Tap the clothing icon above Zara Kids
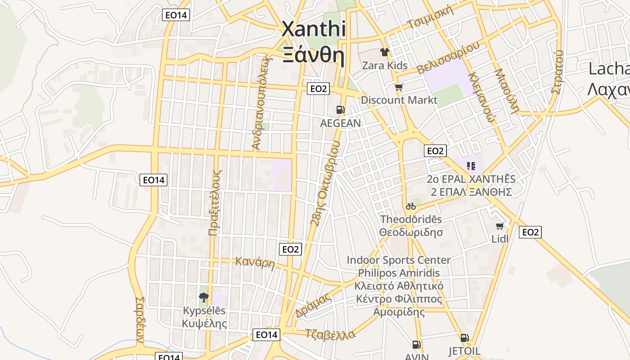pos(385,52)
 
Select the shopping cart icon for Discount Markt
pos(399,87)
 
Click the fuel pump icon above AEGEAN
pos(341,110)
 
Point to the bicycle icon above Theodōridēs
pos(411,206)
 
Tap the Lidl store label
pos(500,238)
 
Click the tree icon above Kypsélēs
pos(204,297)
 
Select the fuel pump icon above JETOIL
pos(464,337)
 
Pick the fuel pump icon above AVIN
pos(417,345)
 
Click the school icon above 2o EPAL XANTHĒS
pos(471,166)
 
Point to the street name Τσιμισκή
pos(430,18)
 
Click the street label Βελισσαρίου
pos(448,58)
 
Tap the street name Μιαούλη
pos(507,90)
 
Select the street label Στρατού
pos(557,72)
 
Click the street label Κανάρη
pos(255,262)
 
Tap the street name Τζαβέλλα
pos(330,334)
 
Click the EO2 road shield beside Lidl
pos(530,232)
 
